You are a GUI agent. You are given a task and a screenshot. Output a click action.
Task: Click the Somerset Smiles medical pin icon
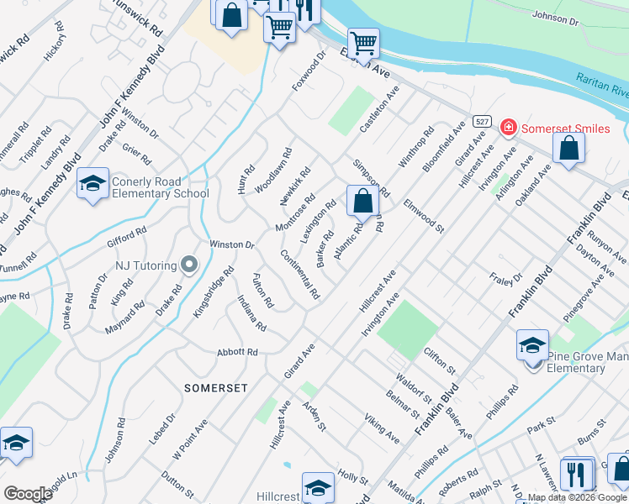pos(508,128)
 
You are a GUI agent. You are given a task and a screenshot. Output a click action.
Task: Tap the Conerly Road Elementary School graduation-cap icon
pos(92,183)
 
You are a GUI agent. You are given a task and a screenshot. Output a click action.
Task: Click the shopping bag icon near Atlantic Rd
pos(362,201)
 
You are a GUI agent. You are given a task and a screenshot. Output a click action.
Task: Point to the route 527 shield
pos(481,121)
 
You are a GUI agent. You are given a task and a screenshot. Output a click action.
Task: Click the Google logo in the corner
pos(28,493)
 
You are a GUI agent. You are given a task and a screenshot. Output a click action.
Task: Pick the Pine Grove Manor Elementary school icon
pos(532,346)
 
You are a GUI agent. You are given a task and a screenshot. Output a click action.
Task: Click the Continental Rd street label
pos(300,275)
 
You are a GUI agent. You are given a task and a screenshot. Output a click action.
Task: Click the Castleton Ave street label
pos(378,117)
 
